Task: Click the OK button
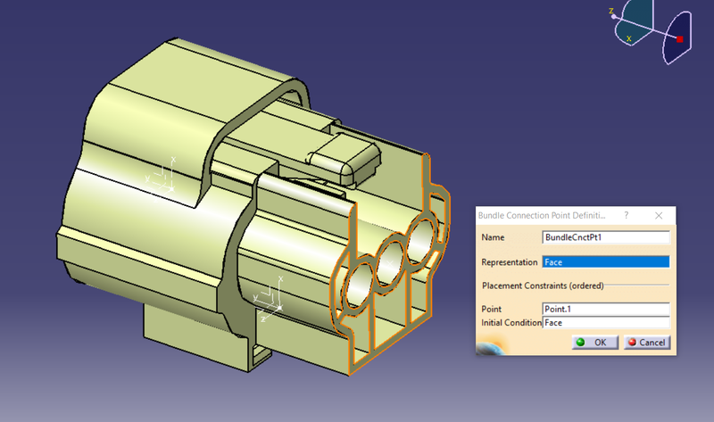(x=591, y=342)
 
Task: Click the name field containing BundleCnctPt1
(x=606, y=238)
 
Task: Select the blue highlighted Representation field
(x=606, y=262)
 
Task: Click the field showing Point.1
(x=606, y=309)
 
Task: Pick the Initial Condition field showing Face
(x=606, y=322)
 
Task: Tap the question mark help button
(x=625, y=216)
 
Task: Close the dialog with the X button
(x=659, y=216)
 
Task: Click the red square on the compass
(x=680, y=39)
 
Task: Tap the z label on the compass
(x=610, y=12)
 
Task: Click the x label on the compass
(x=629, y=38)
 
